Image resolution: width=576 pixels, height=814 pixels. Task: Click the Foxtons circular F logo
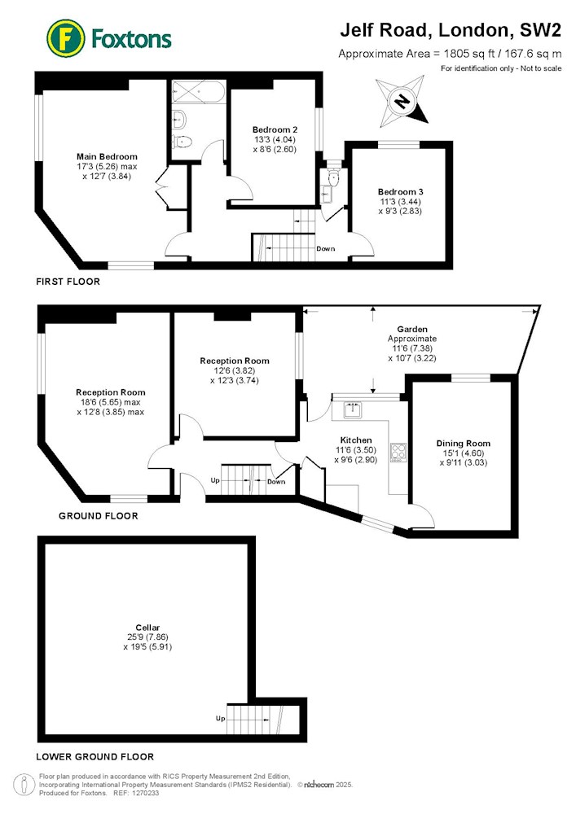click(66, 38)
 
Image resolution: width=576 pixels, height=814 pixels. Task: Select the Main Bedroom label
click(107, 156)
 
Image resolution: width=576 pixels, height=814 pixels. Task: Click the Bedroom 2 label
click(275, 129)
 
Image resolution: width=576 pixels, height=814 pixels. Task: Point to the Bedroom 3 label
click(400, 191)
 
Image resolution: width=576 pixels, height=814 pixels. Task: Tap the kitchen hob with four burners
click(398, 451)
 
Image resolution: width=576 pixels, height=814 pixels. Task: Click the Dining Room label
click(464, 444)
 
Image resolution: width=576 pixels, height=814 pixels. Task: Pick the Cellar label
click(147, 628)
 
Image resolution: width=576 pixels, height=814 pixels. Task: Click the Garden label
click(412, 329)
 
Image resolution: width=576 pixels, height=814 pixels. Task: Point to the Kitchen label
click(356, 440)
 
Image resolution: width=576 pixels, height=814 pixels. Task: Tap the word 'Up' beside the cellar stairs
click(220, 719)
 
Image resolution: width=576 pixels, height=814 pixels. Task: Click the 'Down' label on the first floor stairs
click(326, 248)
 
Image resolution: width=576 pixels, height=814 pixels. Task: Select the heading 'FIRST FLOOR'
click(68, 282)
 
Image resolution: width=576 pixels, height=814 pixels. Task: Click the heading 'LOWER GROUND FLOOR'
click(95, 757)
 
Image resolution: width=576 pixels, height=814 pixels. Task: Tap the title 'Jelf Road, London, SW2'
click(451, 30)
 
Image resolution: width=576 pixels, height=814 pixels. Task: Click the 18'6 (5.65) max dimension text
click(110, 402)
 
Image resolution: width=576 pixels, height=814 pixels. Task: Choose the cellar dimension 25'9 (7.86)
click(147, 637)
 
